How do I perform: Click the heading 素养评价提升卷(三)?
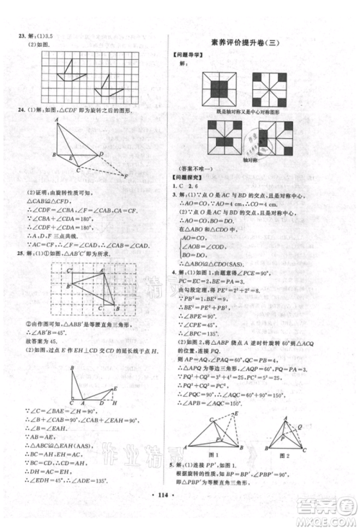(263, 42)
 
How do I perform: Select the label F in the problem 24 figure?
(127, 176)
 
